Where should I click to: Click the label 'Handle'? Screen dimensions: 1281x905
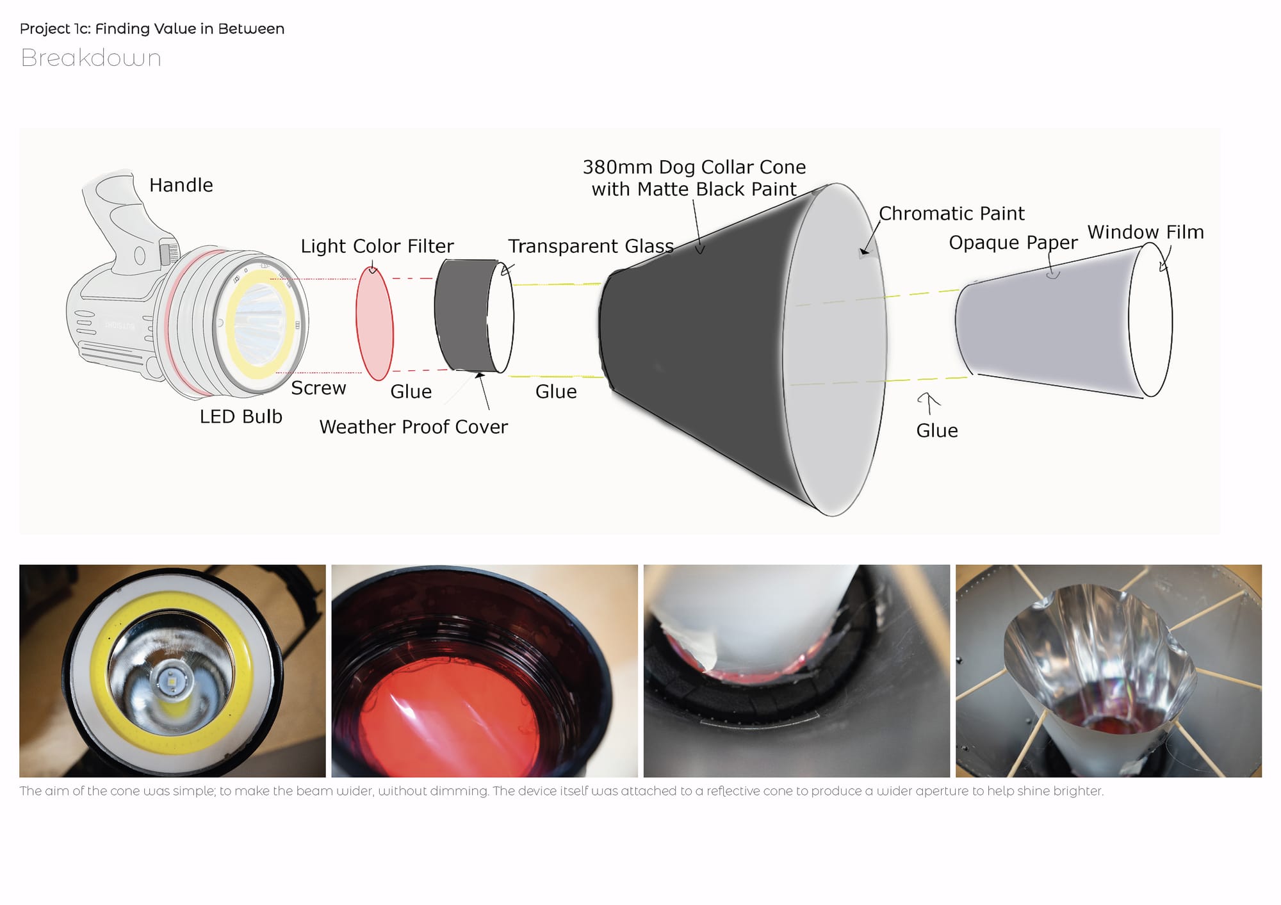click(181, 185)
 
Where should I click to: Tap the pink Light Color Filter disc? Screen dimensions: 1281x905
click(375, 323)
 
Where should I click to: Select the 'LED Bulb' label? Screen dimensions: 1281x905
click(241, 416)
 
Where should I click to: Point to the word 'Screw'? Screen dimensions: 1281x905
click(318, 388)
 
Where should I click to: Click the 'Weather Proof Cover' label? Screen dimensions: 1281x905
click(413, 427)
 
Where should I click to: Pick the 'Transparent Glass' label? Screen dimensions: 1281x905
click(591, 246)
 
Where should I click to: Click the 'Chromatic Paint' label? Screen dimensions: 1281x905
click(951, 213)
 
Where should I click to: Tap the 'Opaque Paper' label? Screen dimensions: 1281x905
click(1013, 243)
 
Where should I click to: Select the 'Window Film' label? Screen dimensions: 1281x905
click(1145, 232)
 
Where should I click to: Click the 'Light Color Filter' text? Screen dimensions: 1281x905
click(377, 246)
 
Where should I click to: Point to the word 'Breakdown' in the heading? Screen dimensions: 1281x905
click(91, 58)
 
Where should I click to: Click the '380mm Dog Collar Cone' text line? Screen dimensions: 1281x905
click(694, 167)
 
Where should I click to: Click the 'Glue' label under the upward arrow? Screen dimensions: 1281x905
click(936, 430)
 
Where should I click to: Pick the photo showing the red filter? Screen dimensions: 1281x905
click(484, 671)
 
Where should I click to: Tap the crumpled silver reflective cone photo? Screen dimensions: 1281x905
click(1108, 671)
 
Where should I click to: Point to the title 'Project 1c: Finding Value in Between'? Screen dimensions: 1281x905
click(152, 29)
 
